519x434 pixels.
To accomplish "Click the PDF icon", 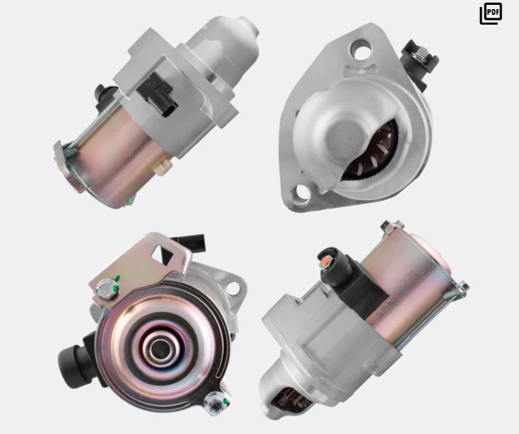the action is click(x=491, y=13).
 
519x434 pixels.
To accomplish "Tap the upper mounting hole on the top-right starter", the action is click(x=361, y=47).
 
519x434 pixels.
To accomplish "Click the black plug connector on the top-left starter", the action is click(x=157, y=94).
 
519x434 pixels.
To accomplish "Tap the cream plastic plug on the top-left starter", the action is click(x=162, y=165).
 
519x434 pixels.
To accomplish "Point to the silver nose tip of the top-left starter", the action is click(x=249, y=26).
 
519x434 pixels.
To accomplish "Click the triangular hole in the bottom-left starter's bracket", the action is click(x=163, y=254).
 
